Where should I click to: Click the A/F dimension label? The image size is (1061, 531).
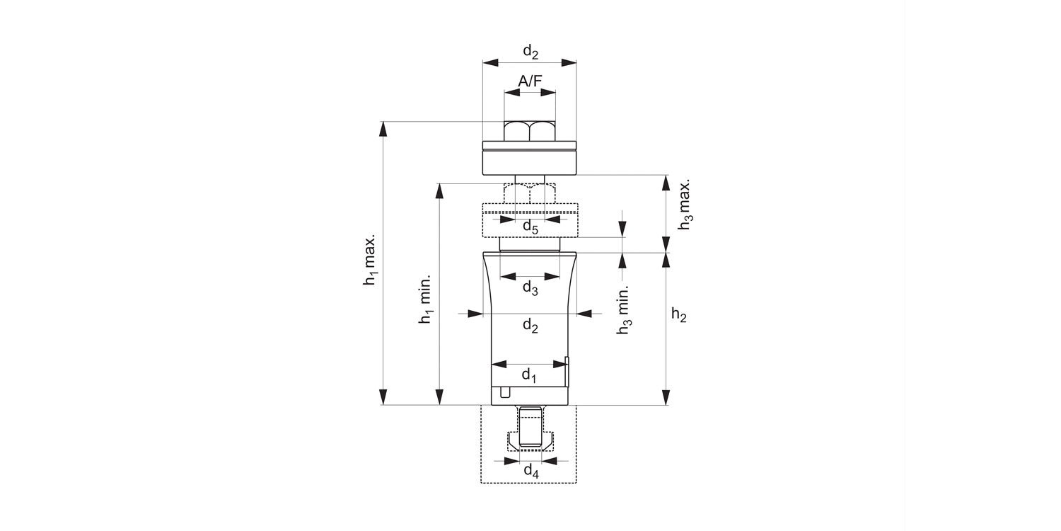point(530,81)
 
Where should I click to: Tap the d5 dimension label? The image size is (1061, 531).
point(530,227)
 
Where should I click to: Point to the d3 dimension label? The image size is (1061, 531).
point(530,288)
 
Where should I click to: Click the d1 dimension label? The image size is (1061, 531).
point(529,376)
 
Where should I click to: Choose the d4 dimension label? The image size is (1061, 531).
point(531,472)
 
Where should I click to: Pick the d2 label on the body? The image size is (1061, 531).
point(530,326)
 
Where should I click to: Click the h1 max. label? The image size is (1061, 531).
point(370,259)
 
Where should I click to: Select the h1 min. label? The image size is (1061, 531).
point(425,299)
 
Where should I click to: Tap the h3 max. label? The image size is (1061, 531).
point(685,205)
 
